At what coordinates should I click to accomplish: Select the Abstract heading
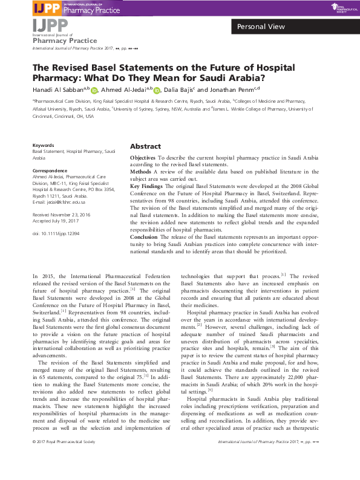click(145, 146)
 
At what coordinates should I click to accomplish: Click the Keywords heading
click(43, 146)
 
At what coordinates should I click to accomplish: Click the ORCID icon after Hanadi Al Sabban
click(94, 91)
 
